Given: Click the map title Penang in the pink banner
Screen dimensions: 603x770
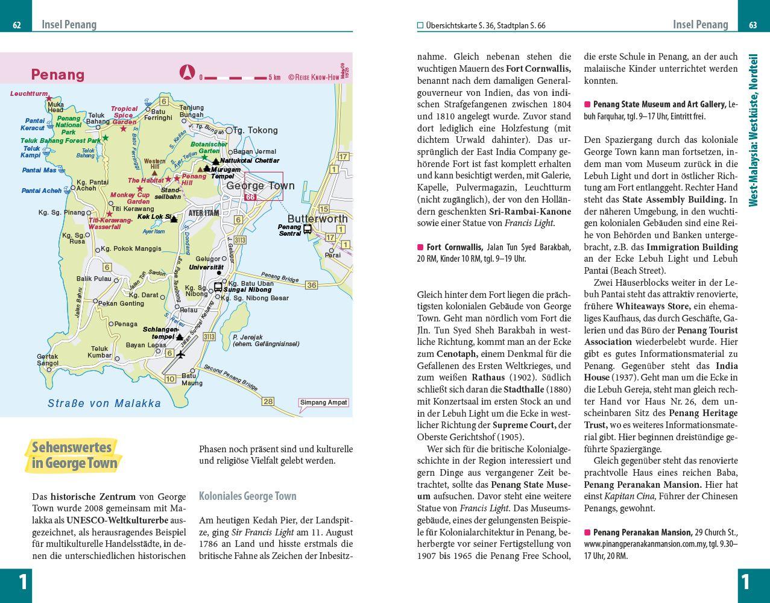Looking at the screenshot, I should point(58,75).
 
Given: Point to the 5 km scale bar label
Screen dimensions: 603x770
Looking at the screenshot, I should point(274,77).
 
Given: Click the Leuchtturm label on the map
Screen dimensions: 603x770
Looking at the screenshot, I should point(28,94).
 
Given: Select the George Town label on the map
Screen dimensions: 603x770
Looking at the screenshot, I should point(260,186).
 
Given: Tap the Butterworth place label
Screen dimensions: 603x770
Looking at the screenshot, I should point(317,219).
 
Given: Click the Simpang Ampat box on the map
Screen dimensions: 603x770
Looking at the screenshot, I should point(324,403).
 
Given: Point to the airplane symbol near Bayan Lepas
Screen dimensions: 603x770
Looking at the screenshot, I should point(181,355).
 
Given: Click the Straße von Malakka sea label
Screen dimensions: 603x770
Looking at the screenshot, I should point(104,403).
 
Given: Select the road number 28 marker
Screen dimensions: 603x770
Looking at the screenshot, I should point(268,402).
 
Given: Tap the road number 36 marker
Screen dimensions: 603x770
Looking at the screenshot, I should point(311,285).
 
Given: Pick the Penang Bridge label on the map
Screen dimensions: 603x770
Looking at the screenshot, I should point(282,279).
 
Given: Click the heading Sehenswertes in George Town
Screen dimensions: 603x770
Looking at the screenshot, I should point(73,455).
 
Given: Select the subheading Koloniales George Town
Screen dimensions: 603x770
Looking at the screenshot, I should point(247,496).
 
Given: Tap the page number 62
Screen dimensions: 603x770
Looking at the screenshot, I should point(17,25).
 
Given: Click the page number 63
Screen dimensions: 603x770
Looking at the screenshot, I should point(753,25).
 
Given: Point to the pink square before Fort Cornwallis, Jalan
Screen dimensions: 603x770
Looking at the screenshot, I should point(420,247).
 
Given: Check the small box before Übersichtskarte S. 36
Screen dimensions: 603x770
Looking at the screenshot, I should point(420,25).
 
